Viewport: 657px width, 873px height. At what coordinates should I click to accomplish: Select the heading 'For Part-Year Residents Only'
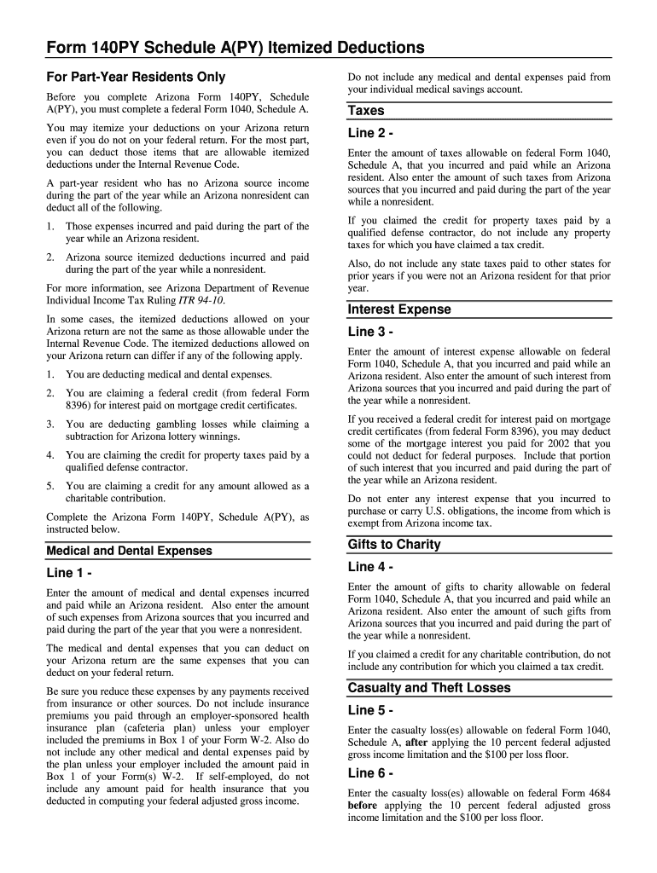tap(136, 77)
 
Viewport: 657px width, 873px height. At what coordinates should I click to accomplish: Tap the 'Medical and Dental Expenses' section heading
tap(129, 551)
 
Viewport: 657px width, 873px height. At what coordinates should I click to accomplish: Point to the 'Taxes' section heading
tap(366, 111)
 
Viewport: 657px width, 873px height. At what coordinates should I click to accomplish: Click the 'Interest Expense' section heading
tap(399, 309)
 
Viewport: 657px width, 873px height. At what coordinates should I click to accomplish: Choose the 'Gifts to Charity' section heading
tap(394, 545)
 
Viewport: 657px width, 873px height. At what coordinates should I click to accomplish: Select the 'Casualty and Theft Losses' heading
tap(429, 688)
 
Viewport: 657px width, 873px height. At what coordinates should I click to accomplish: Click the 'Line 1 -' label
tap(69, 573)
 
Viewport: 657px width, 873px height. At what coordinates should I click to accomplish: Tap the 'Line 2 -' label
tap(370, 133)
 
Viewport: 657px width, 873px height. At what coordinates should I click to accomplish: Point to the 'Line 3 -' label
tap(370, 332)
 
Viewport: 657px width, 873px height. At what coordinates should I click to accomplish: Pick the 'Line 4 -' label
tap(370, 567)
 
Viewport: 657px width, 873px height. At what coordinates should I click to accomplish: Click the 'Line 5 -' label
tap(370, 710)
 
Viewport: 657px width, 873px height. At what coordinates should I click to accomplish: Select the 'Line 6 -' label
tap(370, 773)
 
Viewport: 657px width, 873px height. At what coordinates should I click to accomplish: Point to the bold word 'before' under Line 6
tap(363, 805)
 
